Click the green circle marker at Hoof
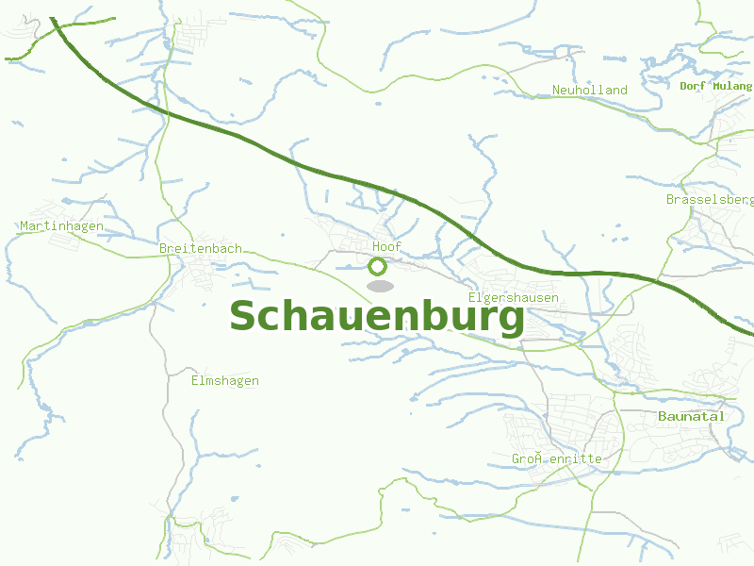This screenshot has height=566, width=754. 378,266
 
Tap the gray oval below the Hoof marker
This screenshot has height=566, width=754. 379,285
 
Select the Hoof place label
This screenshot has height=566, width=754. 386,247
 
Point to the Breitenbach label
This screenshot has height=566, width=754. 201,248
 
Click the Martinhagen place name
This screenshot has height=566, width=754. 61,226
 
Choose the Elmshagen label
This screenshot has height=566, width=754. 224,381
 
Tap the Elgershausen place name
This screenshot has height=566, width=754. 514,298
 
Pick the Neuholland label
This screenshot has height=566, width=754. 590,91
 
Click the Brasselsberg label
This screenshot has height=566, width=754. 710,200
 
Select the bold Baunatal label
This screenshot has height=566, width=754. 691,416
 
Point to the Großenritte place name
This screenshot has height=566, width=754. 557,459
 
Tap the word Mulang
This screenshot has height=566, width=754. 733,86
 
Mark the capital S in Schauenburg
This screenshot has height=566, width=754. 244,317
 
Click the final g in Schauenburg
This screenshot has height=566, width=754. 509,320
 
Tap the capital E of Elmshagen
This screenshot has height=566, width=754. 195,381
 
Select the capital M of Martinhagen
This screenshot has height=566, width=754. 25,226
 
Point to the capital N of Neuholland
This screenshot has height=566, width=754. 557,91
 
